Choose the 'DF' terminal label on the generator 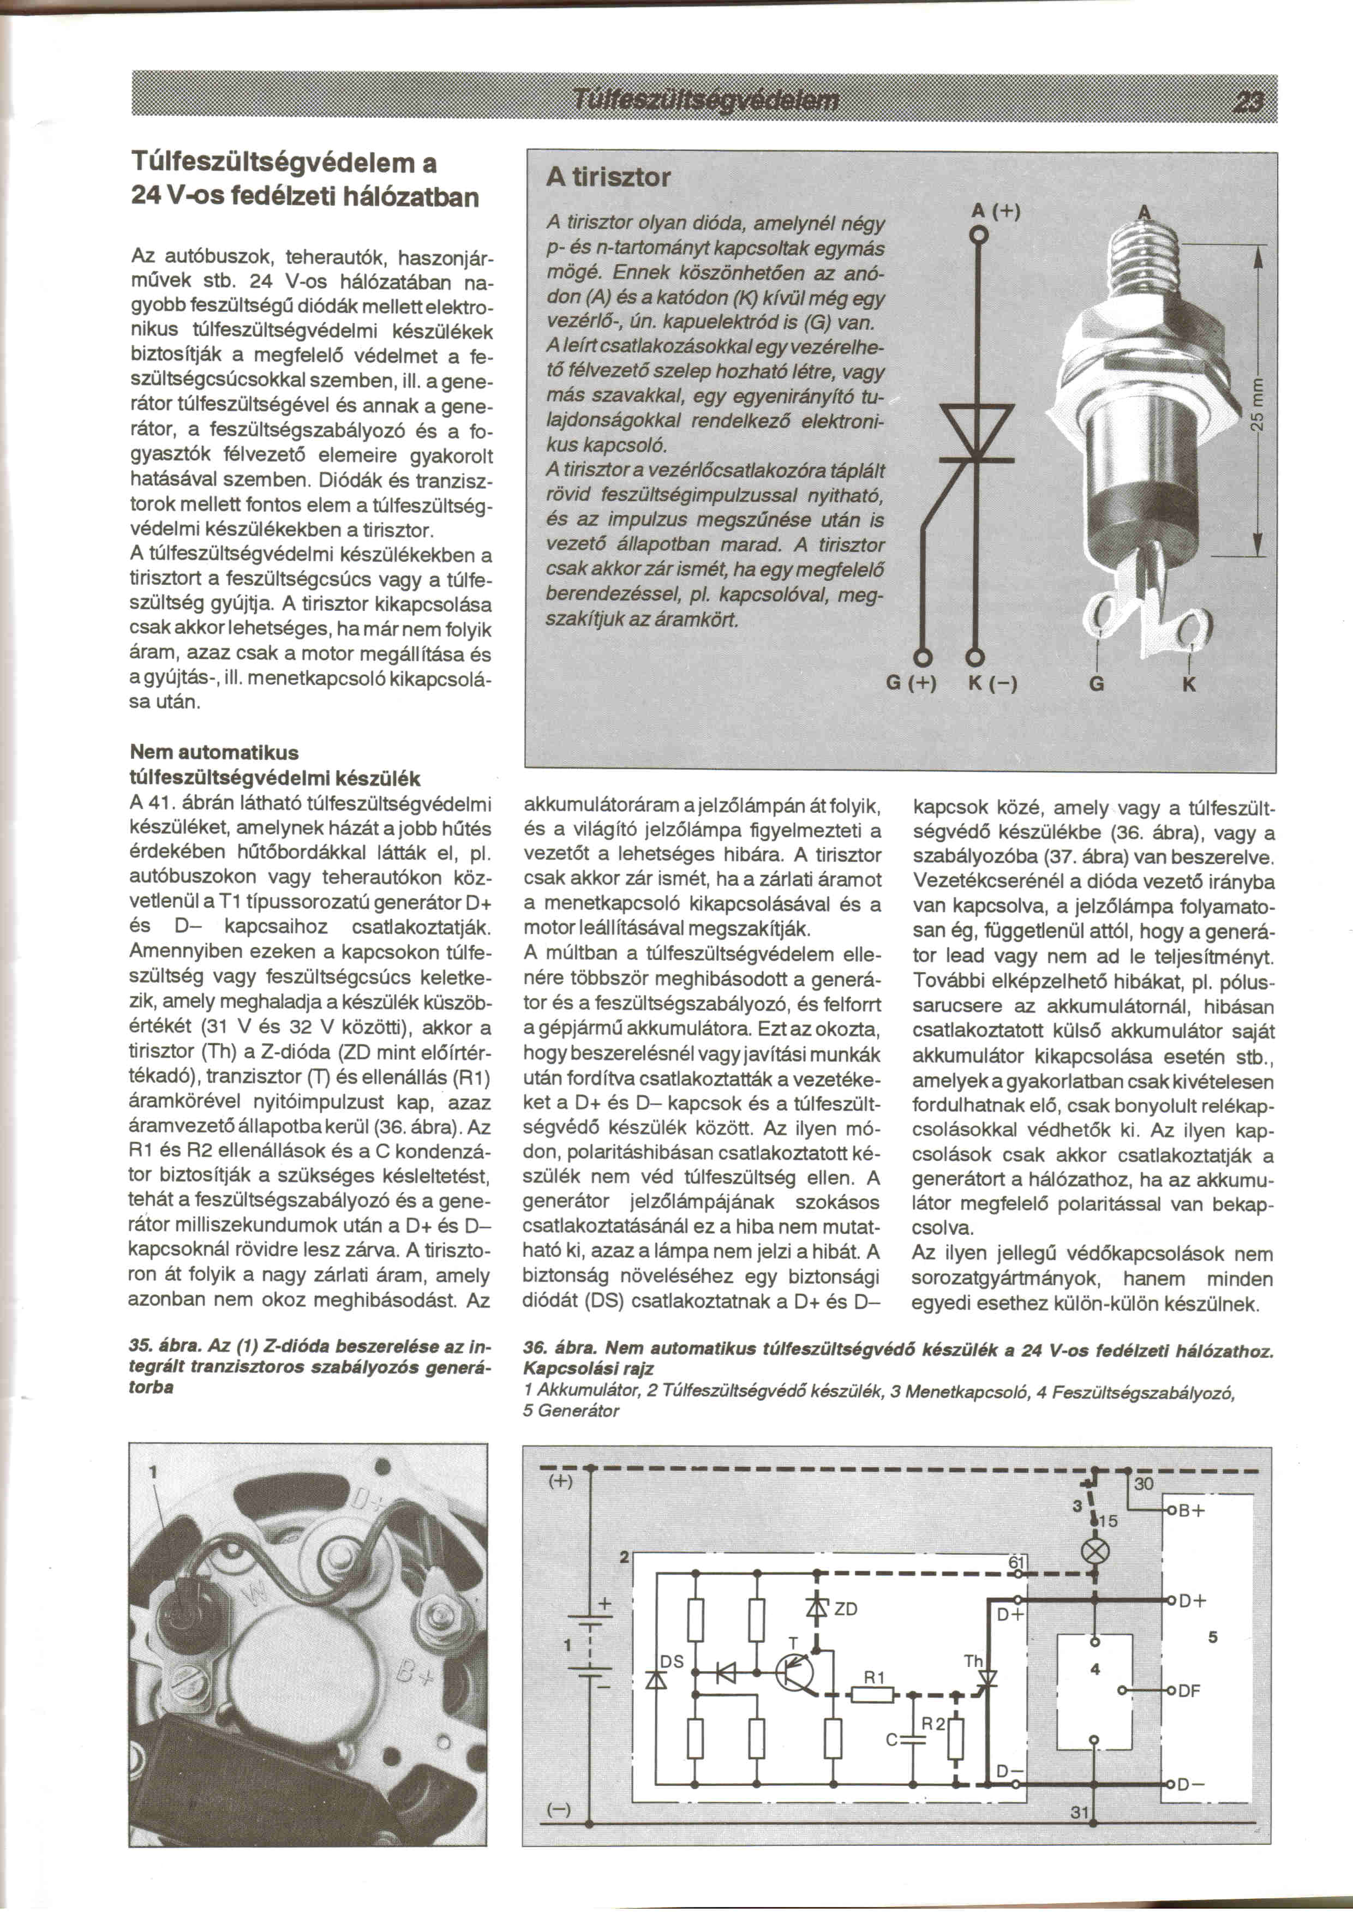pos(1189,1692)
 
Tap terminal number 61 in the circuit pos(1016,1562)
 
